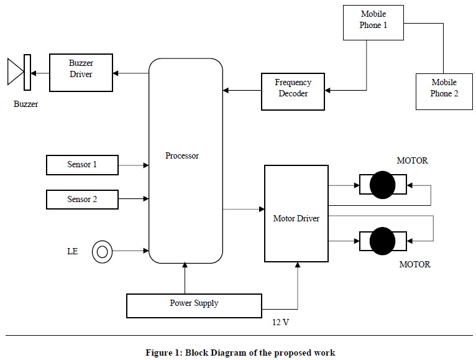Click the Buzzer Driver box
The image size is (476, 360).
[x=81, y=73]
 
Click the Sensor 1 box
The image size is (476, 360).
[x=82, y=165]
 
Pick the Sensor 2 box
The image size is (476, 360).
[x=82, y=200]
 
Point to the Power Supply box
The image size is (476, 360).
[x=194, y=304]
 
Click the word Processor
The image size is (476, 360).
[x=182, y=156]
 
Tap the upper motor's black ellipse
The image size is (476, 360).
[x=382, y=185]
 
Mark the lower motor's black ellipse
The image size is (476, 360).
[x=382, y=240]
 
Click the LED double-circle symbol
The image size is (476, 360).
[x=103, y=252]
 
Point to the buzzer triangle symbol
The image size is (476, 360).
[x=14, y=72]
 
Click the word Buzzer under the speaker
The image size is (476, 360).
[x=25, y=104]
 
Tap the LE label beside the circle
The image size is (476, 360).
[x=72, y=252]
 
